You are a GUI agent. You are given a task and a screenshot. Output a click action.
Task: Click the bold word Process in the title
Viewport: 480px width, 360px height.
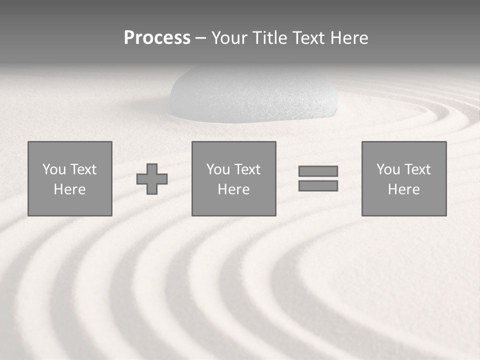157,38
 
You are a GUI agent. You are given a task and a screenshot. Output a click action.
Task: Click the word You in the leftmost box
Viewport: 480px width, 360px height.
54,169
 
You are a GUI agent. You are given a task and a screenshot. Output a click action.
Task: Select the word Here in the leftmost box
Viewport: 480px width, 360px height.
69,189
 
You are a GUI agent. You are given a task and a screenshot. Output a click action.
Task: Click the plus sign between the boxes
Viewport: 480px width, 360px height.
152,179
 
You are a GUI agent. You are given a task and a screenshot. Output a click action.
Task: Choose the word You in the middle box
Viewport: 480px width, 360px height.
218,169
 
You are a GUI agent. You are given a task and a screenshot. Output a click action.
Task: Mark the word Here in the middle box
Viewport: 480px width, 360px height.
233,189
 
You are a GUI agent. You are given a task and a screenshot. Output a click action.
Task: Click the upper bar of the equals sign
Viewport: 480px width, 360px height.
318,171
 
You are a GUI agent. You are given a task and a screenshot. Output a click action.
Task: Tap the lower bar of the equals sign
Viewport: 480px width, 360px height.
318,186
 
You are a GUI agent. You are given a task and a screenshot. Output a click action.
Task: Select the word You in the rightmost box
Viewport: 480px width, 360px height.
388,169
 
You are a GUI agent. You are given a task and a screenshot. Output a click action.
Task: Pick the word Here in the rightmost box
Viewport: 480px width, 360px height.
403,189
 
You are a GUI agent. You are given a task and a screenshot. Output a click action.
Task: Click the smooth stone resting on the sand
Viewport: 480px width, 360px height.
253,95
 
